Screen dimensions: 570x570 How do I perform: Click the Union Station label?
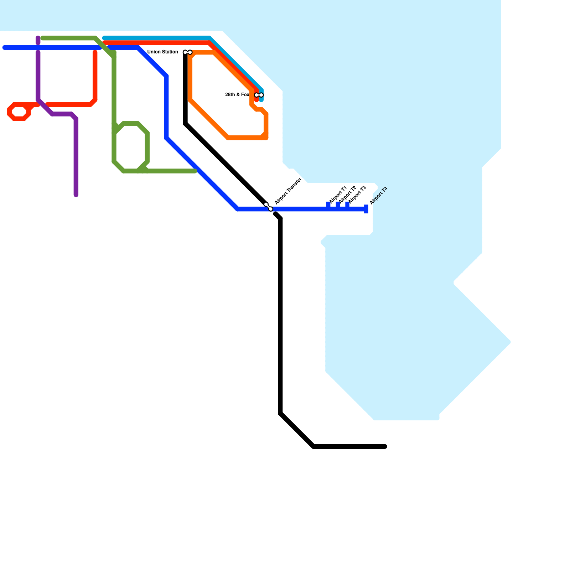[162, 52]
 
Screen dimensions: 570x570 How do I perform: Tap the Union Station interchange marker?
[187, 52]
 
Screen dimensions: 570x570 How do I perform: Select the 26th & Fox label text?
[237, 95]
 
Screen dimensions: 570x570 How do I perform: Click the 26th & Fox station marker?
[259, 95]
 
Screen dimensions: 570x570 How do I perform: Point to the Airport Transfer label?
[288, 191]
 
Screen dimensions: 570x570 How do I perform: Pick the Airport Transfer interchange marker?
[268, 207]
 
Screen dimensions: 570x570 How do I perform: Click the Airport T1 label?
[338, 195]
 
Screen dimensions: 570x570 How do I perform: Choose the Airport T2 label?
[347, 195]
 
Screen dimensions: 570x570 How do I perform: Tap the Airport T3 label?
[357, 195]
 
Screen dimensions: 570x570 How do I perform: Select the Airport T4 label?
[378, 196]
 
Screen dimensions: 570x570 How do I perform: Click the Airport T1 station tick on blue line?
[328, 205]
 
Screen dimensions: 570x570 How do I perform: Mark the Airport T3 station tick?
[347, 205]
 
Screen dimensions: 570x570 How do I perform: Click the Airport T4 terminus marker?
[366, 209]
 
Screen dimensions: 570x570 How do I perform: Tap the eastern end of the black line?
[385, 446]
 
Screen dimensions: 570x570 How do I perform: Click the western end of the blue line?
[4, 47]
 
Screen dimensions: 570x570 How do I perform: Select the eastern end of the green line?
[195, 171]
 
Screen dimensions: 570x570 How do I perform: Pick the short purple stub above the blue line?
[38, 40]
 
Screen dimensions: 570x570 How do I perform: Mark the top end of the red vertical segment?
[95, 52]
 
